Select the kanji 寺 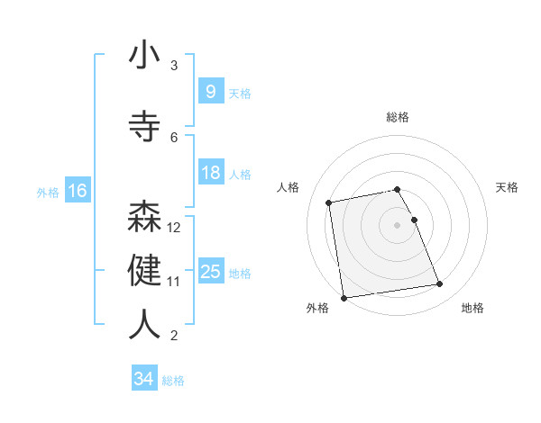point(144,125)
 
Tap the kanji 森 point(144,218)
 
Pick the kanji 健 point(144,271)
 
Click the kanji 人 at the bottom point(144,325)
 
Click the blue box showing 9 point(210,91)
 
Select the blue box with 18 point(210,173)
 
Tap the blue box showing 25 point(210,272)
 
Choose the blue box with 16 point(77,191)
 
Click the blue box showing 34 point(143,379)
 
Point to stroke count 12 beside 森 point(175,228)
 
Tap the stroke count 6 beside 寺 point(174,137)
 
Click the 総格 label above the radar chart point(398,117)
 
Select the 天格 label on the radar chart point(508,187)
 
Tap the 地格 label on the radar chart point(472,308)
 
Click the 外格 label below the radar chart point(317,308)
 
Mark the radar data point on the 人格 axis point(330,202)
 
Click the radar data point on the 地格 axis point(439,284)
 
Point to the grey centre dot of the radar point(398,224)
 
